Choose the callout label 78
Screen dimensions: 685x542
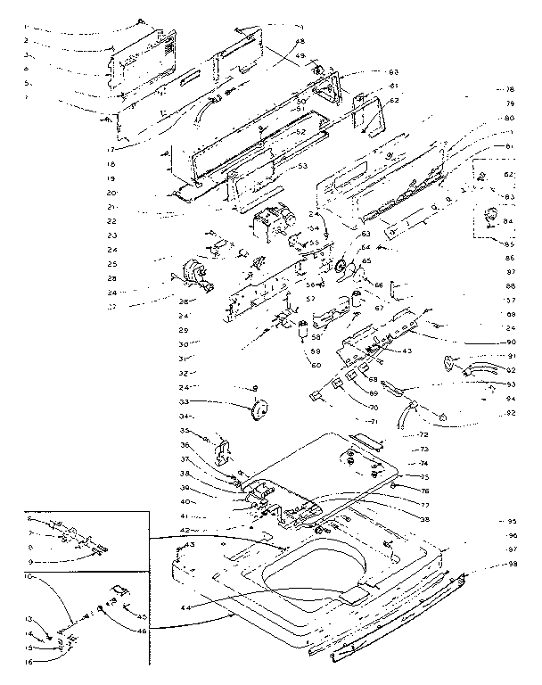510,89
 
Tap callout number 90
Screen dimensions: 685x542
512,342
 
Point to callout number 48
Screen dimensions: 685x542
300,42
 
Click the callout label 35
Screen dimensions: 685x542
185,431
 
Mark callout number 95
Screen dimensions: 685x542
513,521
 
